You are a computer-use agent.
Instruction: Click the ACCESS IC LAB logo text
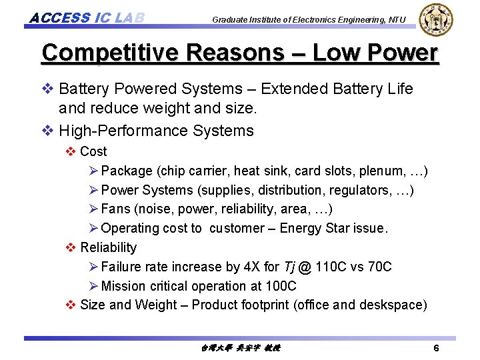pyautogui.click(x=87, y=17)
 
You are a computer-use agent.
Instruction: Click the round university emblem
pyautogui.click(x=435, y=20)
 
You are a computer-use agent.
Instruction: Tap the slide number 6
pyautogui.click(x=436, y=349)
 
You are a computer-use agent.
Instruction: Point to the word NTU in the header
pyautogui.click(x=395, y=20)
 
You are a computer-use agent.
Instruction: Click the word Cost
pyautogui.click(x=93, y=152)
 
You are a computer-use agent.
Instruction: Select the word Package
pyautogui.click(x=127, y=171)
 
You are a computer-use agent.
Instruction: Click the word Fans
pyautogui.click(x=115, y=209)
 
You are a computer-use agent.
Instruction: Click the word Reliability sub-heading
pyautogui.click(x=108, y=247)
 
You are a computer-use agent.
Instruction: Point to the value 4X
pyautogui.click(x=251, y=267)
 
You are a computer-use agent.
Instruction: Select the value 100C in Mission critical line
pyautogui.click(x=281, y=286)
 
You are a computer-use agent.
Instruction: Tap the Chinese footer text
pyautogui.click(x=239, y=348)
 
